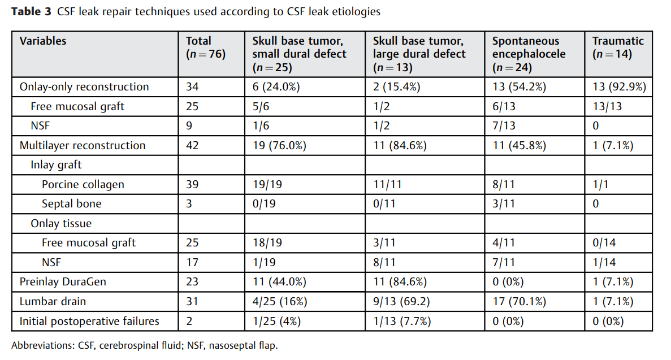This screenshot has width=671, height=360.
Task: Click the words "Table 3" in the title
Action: tap(31, 11)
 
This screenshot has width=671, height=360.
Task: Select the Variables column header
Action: tap(43, 41)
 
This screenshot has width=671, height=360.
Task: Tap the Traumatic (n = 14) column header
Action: tap(617, 47)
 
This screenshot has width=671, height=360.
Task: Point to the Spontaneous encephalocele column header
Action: tap(529, 54)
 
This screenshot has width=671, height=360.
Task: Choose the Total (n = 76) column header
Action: tap(205, 47)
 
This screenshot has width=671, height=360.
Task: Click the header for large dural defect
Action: tap(419, 54)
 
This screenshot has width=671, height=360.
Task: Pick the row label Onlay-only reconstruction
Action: tap(84, 87)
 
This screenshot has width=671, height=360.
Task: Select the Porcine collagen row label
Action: tap(83, 184)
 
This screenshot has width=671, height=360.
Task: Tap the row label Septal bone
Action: tap(71, 204)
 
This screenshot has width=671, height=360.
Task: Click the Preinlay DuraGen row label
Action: tap(63, 281)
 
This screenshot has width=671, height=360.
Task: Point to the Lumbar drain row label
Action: tap(53, 301)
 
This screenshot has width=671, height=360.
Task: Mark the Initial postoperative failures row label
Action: tap(89, 321)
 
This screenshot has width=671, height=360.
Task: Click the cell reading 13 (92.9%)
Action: tap(619, 87)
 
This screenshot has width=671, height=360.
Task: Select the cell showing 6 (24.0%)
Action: tap(276, 87)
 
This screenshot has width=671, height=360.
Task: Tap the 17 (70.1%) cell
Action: tap(519, 301)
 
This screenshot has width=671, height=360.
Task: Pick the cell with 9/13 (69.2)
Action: tap(401, 301)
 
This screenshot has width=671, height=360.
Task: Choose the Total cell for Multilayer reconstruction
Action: tap(192, 146)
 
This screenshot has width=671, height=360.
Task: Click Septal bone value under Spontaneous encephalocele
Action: tap(503, 204)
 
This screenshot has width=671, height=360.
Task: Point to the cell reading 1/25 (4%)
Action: tap(276, 321)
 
